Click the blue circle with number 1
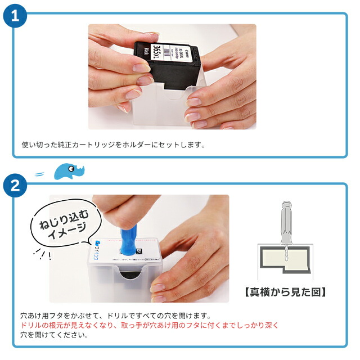16,16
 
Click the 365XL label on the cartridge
160,54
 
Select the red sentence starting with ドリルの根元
149,325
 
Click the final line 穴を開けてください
54,335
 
